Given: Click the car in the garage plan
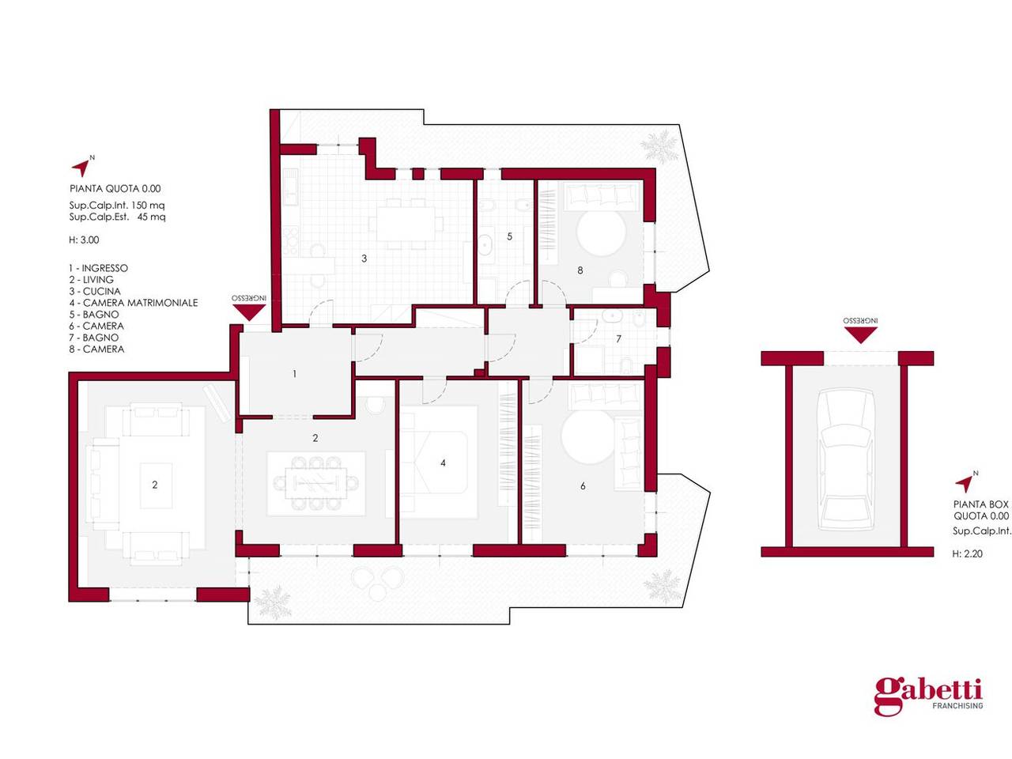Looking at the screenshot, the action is (845, 460).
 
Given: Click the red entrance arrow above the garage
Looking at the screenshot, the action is (860, 334).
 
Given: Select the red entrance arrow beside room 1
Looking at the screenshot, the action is (249, 312).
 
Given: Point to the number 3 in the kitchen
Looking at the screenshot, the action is (364, 259).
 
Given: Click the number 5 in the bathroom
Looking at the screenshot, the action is (509, 236).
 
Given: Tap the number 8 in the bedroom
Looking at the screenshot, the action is (580, 270).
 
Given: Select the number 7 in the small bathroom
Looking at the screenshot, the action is (619, 338).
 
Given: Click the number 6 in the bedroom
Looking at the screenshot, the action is (583, 485).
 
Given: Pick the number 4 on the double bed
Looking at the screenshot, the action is (443, 463).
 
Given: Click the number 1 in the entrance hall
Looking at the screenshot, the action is (295, 374).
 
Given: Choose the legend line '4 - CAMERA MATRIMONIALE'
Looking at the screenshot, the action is (134, 303).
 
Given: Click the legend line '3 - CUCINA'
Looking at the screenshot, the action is (95, 291).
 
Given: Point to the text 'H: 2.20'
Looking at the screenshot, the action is (967, 553).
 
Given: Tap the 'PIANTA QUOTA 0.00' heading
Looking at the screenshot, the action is (115, 188).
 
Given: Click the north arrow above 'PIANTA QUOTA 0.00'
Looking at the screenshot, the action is (82, 167).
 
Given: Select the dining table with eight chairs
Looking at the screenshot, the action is (316, 483).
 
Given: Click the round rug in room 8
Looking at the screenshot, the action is (602, 232).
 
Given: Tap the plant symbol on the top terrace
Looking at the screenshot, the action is (659, 146).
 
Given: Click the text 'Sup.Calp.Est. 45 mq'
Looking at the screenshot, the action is (117, 217).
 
